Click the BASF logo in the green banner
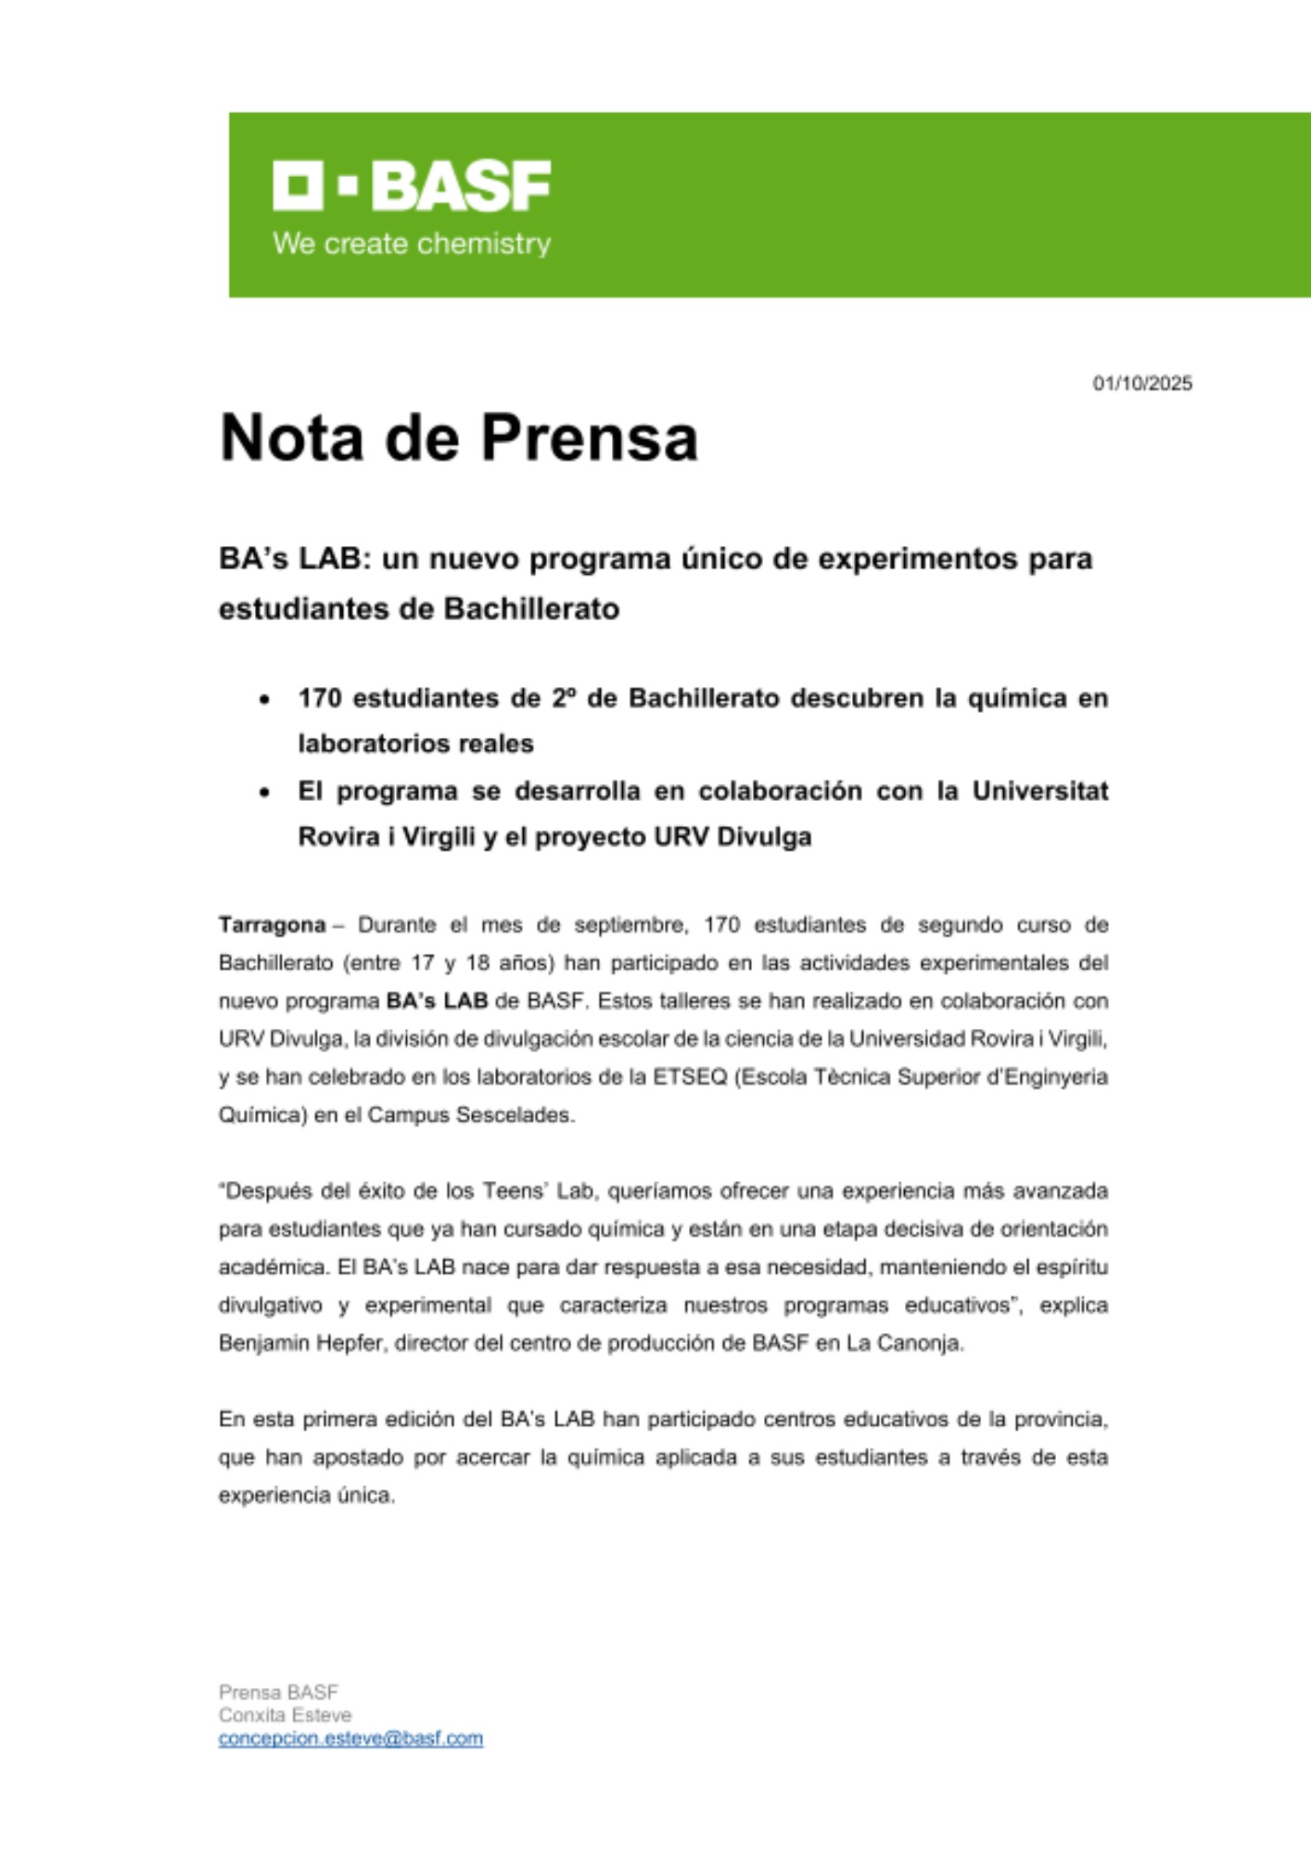pyautogui.click(x=412, y=185)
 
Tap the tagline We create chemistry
pyautogui.click(x=412, y=244)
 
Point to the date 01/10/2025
pyautogui.click(x=1142, y=384)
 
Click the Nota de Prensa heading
pyautogui.click(x=458, y=438)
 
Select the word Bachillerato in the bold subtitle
pyautogui.click(x=531, y=609)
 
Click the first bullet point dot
pyautogui.click(x=265, y=700)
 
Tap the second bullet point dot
pyautogui.click(x=265, y=793)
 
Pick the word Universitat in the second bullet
pyautogui.click(x=1039, y=791)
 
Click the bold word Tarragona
pyautogui.click(x=272, y=925)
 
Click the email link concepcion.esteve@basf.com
pyautogui.click(x=350, y=1739)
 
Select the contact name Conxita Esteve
pyautogui.click(x=285, y=1715)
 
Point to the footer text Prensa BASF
pyautogui.click(x=278, y=1692)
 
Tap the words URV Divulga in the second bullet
pyautogui.click(x=732, y=837)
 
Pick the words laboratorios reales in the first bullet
pyautogui.click(x=415, y=744)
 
